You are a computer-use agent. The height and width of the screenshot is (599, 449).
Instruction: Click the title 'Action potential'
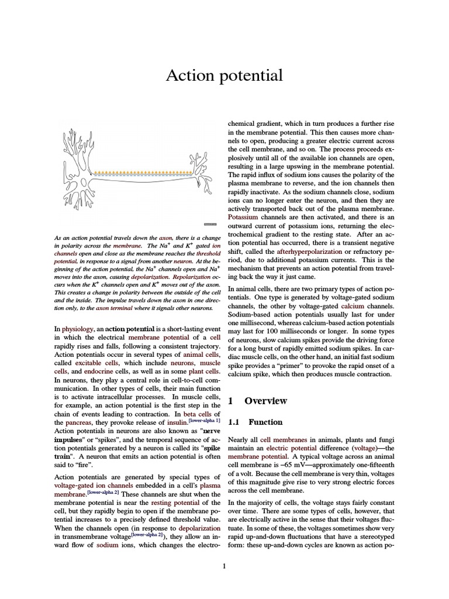click(224, 75)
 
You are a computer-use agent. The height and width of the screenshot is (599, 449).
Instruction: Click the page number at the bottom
click(224, 566)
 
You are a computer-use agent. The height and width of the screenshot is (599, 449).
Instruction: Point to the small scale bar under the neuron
click(210, 224)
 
